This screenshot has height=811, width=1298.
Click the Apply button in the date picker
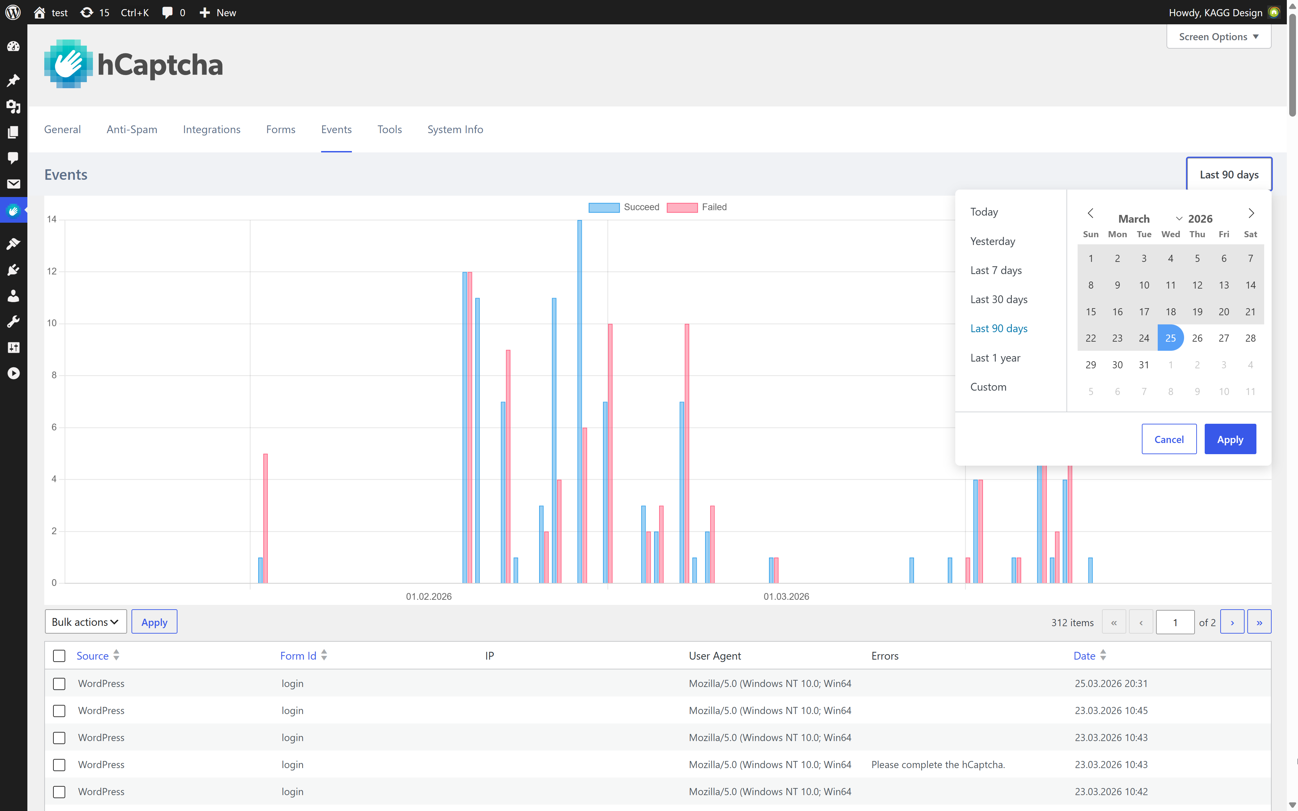1229,439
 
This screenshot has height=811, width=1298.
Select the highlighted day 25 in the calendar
1170,338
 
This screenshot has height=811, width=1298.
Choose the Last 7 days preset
995,270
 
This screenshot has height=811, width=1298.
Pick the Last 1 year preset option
994,358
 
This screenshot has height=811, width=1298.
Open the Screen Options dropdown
1218,36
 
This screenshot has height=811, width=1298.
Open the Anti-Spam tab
131,129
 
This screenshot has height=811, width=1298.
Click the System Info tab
455,129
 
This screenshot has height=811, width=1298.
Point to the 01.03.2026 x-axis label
786,596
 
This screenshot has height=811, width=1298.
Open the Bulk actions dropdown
85,622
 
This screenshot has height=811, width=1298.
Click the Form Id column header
298,656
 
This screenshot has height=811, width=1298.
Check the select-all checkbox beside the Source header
59,656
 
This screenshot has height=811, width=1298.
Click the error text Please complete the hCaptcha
938,764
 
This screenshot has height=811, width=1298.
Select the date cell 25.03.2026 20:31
1110,683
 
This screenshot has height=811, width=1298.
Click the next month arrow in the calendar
1251,213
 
